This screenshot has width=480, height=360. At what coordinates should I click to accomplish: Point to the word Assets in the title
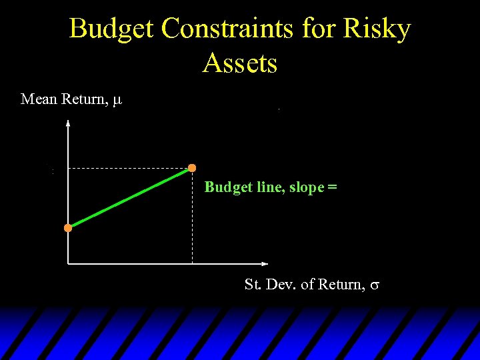click(240, 63)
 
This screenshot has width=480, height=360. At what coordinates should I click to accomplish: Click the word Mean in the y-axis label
click(39, 99)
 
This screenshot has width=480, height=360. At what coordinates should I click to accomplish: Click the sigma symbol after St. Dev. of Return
click(375, 285)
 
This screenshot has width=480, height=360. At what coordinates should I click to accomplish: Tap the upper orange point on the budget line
click(192, 167)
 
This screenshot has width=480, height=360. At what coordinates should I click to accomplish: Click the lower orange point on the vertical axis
click(68, 228)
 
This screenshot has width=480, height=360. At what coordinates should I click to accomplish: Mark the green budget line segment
click(130, 198)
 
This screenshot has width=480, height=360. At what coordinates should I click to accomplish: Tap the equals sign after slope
click(332, 187)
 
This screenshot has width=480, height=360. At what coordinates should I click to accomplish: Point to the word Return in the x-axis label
click(339, 285)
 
